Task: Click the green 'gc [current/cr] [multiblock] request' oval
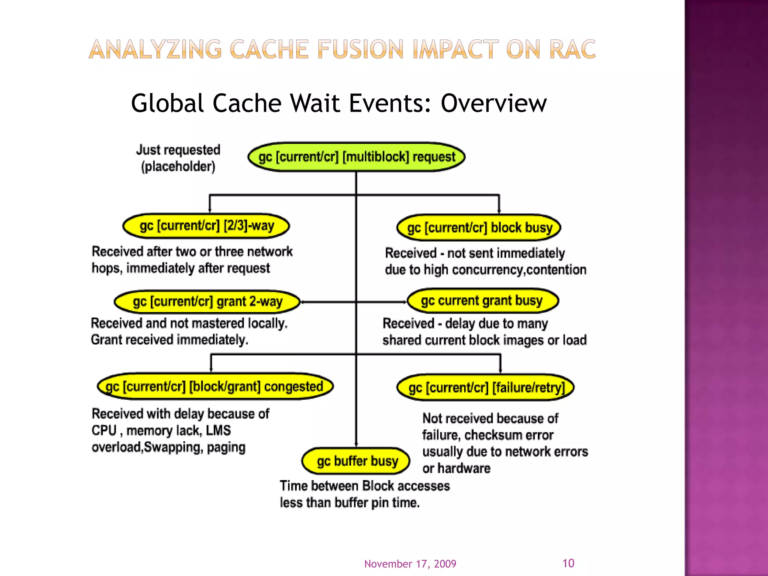(x=356, y=157)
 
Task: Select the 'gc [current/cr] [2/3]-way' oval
(x=206, y=226)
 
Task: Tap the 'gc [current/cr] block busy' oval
(x=479, y=228)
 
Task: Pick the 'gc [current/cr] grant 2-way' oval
(x=207, y=301)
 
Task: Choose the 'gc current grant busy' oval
(x=483, y=301)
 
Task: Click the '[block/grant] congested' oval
(x=215, y=386)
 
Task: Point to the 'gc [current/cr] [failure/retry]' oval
(x=486, y=387)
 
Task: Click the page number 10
(x=568, y=563)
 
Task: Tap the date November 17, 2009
(x=410, y=564)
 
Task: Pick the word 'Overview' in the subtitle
(x=493, y=103)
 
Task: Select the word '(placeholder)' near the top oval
(x=178, y=166)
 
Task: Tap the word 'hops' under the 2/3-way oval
(x=106, y=268)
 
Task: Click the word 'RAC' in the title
(x=572, y=49)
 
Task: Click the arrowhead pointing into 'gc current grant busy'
(x=404, y=302)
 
